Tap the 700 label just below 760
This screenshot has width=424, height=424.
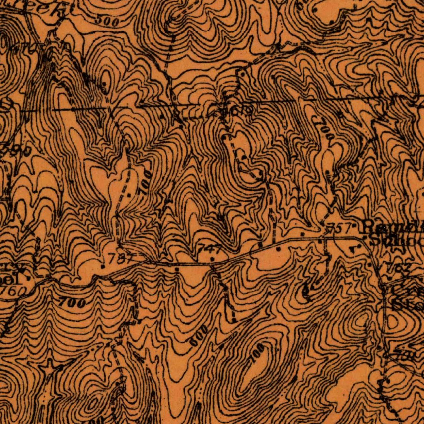[x=72, y=303]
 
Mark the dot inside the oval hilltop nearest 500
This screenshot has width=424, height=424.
[x=104, y=84]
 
